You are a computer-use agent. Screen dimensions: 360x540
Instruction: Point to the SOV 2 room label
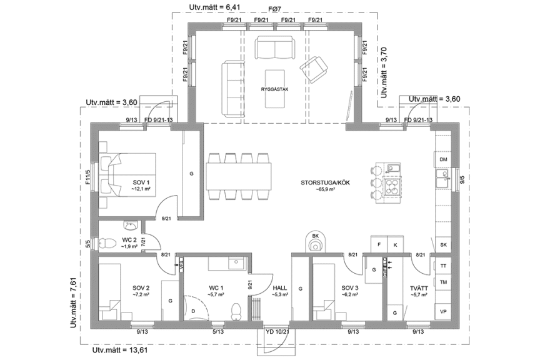coord(140,288)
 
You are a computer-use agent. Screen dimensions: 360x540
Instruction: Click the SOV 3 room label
coord(350,288)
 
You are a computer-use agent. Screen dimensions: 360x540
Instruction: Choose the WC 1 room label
coord(216,288)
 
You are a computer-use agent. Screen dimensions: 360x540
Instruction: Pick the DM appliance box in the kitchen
coord(444,160)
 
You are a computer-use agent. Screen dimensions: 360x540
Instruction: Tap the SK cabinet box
coord(444,244)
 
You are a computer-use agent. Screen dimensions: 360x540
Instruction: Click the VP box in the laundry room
coord(444,311)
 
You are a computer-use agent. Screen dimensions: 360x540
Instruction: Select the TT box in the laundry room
coord(444,266)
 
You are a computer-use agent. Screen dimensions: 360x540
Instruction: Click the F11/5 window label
coord(88,179)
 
